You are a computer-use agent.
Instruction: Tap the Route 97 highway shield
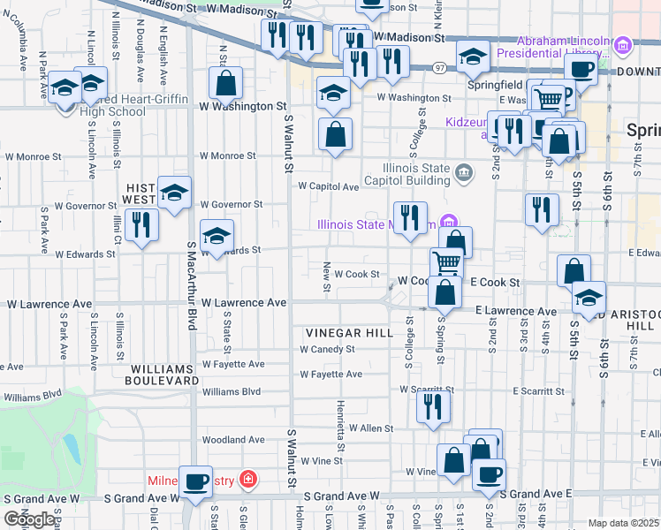(x=439, y=67)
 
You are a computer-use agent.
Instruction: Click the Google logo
(x=30, y=519)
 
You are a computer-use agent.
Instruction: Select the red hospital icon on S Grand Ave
(x=250, y=481)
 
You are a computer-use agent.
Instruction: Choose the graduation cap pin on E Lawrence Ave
(x=589, y=298)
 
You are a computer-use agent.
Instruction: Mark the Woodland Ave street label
(x=233, y=439)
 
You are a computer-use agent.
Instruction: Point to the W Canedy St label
(x=326, y=349)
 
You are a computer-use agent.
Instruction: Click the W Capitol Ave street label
(x=328, y=186)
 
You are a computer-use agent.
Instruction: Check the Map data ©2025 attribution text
(x=623, y=523)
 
